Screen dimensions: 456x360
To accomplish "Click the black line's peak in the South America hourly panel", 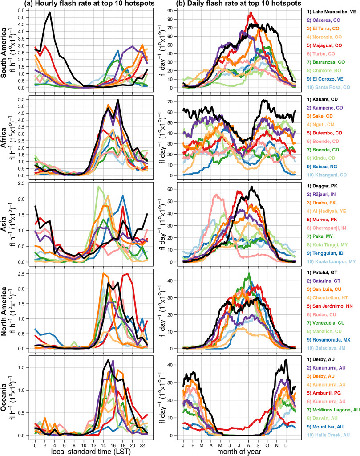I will tap(50, 12).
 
